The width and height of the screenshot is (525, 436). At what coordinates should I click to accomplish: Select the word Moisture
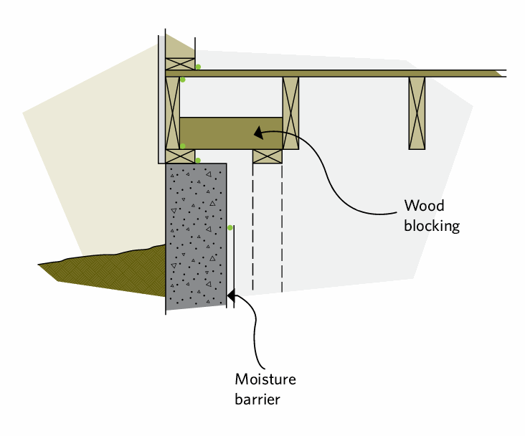coord(265,379)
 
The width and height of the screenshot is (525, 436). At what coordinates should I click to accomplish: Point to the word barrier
coord(257,399)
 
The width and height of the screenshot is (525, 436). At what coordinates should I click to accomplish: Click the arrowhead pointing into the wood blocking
coord(257,131)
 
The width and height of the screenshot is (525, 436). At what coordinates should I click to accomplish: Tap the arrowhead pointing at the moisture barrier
coord(232,293)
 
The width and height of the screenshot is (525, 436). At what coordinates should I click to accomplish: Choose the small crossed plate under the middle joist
coord(267,156)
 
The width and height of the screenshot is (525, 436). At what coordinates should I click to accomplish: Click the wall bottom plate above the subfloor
coord(180,63)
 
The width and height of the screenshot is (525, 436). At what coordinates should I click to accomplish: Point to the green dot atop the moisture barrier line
coord(230,227)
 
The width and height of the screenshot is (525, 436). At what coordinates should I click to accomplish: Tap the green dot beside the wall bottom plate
coord(198,67)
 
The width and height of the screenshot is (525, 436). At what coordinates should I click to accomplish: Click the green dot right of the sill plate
coord(198,160)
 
